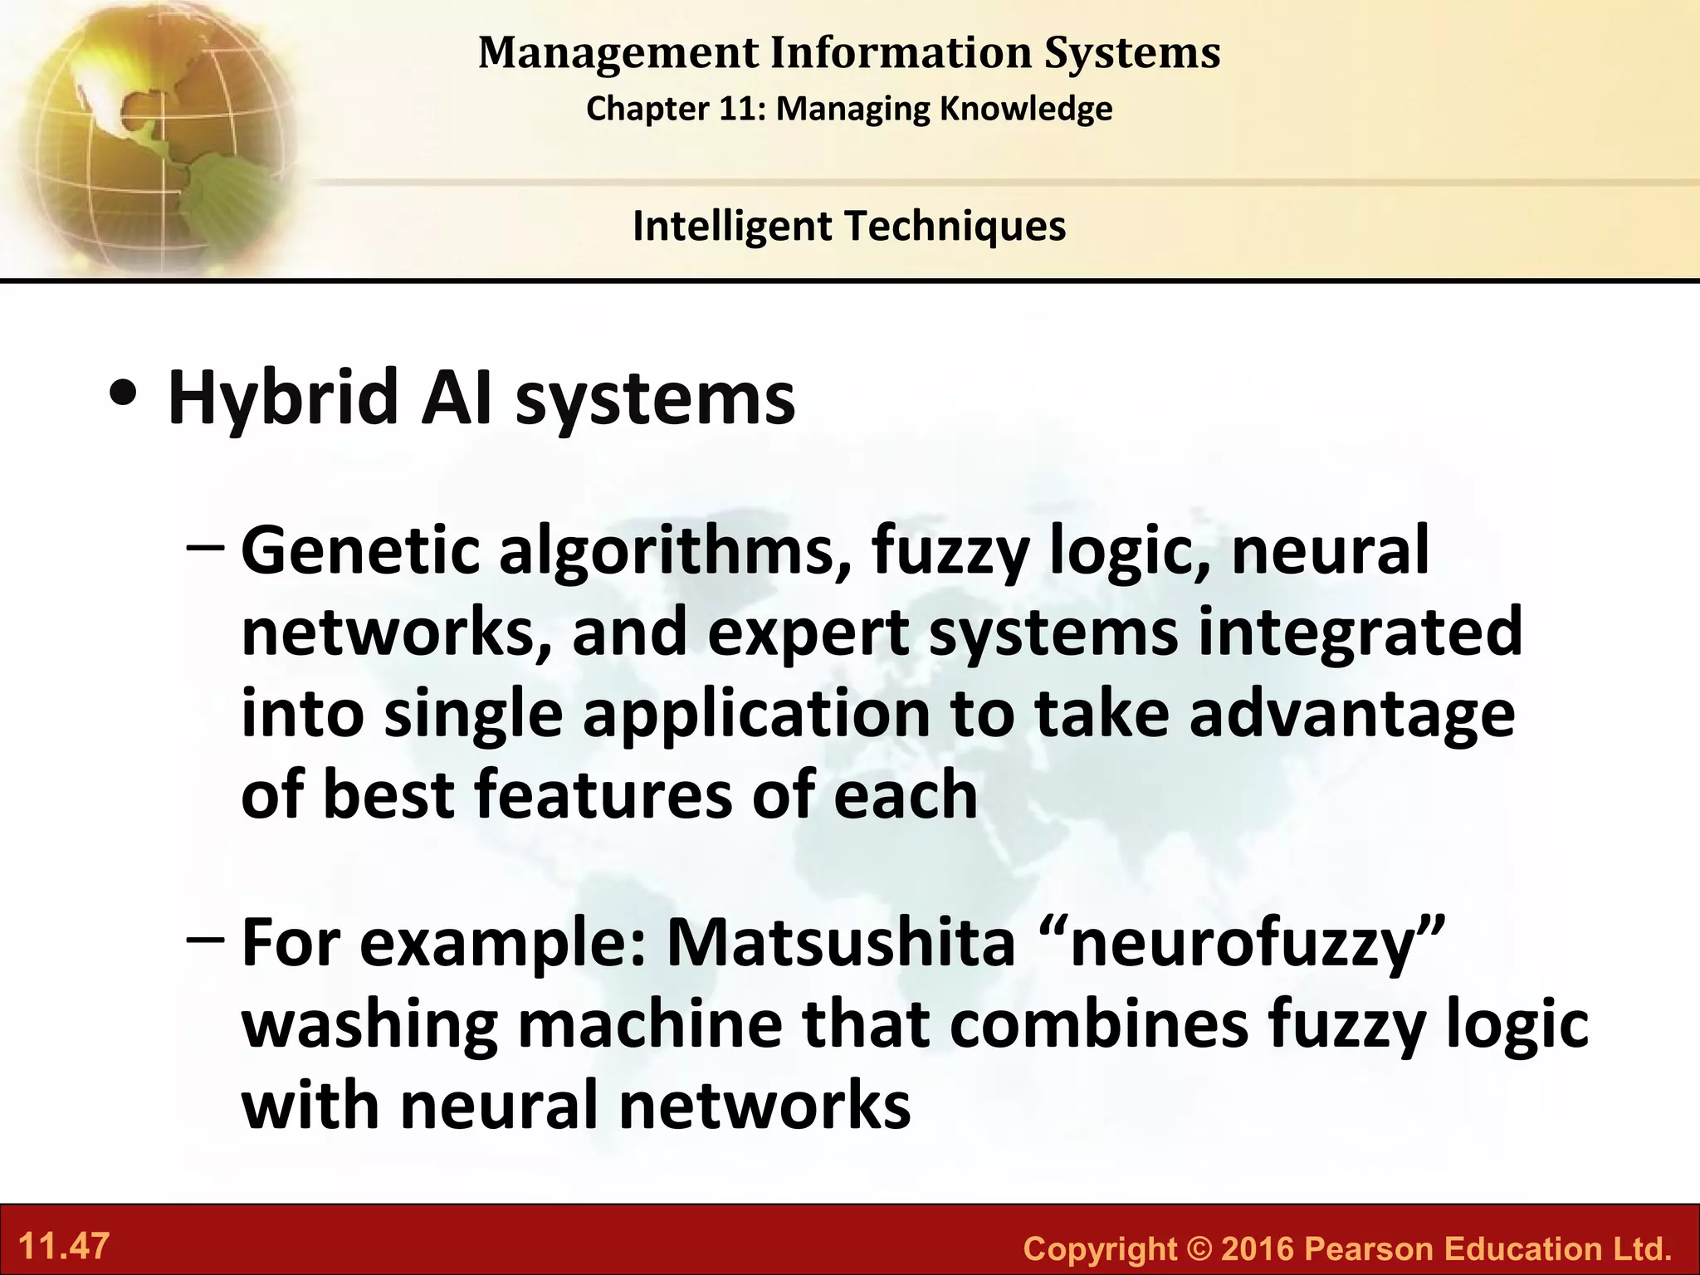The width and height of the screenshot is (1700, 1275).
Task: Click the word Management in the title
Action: pos(618,53)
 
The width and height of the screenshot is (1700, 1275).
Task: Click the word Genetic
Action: pos(360,551)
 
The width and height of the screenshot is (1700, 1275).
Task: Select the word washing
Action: pos(369,1026)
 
